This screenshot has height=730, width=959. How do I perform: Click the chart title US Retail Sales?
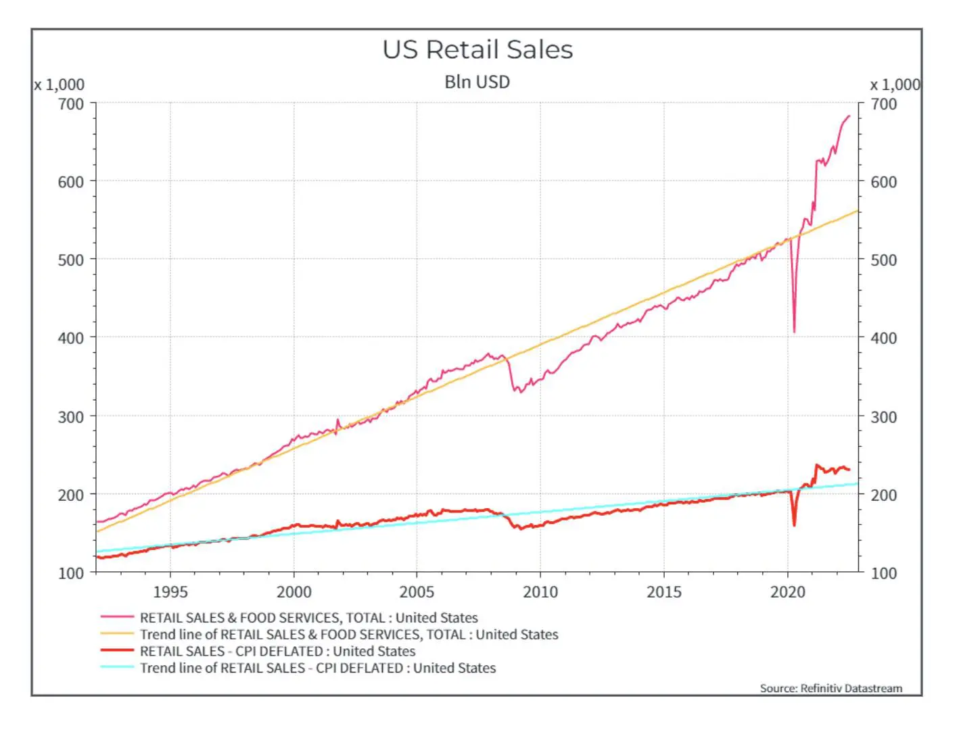point(477,50)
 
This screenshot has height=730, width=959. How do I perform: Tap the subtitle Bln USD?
point(477,82)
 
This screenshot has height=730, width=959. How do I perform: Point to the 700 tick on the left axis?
point(71,104)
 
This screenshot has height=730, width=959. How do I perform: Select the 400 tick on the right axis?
point(883,338)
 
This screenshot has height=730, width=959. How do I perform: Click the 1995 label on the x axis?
point(170,592)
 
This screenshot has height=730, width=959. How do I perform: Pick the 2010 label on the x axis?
point(540,592)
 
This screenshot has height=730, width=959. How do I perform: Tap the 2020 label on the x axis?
point(787,592)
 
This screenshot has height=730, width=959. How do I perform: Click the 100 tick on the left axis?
point(71,573)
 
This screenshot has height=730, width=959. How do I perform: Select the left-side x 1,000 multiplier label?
point(60,84)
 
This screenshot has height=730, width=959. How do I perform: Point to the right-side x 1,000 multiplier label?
point(895,84)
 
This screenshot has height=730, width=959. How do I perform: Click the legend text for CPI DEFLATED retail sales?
point(277,652)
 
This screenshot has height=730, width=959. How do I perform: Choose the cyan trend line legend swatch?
point(117,668)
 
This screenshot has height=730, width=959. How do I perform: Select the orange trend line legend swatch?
point(117,634)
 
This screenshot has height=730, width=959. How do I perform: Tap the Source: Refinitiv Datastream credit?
point(831,688)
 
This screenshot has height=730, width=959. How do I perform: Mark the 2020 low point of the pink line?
point(794,332)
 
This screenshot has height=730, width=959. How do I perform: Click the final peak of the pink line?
point(849,116)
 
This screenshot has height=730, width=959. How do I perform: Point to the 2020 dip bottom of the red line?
point(794,525)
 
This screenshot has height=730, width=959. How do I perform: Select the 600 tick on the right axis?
point(883,182)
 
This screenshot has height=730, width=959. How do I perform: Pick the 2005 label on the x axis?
point(417,592)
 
